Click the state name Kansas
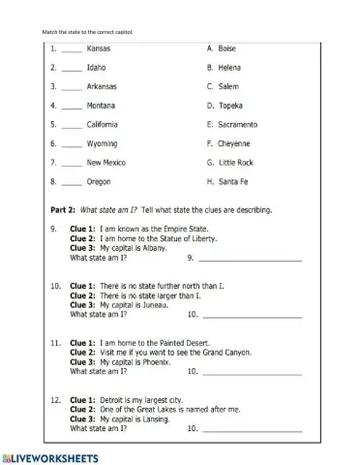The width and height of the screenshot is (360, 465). [99, 47]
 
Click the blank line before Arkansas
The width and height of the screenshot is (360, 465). [72, 87]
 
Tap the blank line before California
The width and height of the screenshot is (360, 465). [72, 126]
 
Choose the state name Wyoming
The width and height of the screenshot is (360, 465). [102, 143]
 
